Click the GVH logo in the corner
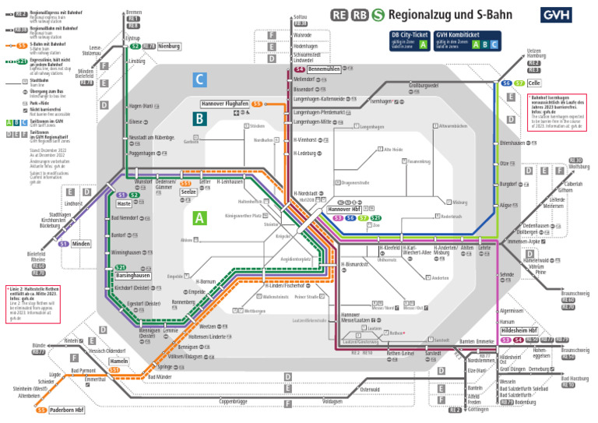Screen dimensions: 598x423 pos(555,15)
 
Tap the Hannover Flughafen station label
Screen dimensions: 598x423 pos(224,104)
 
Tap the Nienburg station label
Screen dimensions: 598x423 pos(169,47)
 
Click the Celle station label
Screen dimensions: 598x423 pos(533,83)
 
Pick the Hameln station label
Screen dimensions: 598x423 pos(118,361)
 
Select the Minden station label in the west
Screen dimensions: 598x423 pos(81,244)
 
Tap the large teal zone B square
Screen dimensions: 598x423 pos(200,118)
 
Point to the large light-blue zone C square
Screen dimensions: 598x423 pos(200,79)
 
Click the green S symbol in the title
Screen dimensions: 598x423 pos(378,14)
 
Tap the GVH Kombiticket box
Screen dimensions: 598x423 pos(467,41)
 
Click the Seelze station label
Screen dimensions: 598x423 pos(188,192)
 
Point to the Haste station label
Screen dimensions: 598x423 pos(124,203)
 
